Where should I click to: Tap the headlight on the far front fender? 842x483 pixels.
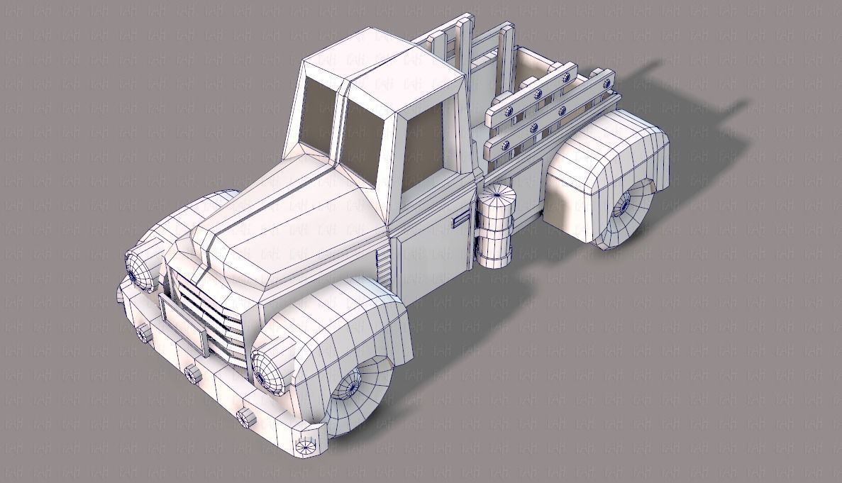pyautogui.click(x=142, y=268)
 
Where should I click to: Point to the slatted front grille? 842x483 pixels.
pyautogui.click(x=209, y=312)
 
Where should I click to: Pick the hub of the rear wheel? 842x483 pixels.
pyautogui.click(x=624, y=207)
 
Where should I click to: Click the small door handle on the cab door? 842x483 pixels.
pyautogui.click(x=462, y=220)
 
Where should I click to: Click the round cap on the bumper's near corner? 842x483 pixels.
pyautogui.click(x=305, y=445)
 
